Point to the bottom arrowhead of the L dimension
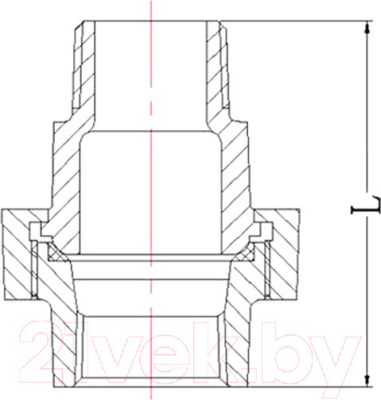(x=367, y=378)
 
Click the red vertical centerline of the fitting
(x=150, y=159)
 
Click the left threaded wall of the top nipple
(x=82, y=67)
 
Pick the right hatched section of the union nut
(x=283, y=254)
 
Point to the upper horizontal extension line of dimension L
(x=302, y=21)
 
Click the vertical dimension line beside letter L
(x=367, y=119)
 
